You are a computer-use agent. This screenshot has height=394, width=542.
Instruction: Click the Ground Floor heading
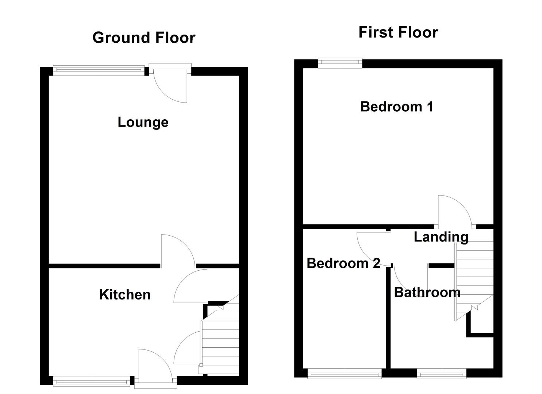pyautogui.click(x=144, y=38)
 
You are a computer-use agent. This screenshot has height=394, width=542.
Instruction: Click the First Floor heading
pyautogui.click(x=398, y=32)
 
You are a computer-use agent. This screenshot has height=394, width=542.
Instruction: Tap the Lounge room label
pyautogui.click(x=143, y=122)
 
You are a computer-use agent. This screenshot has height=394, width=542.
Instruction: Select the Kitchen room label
pyautogui.click(x=125, y=294)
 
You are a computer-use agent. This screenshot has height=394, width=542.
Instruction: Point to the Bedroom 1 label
pyautogui.click(x=397, y=107)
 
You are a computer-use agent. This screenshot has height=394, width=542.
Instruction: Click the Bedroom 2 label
pyautogui.click(x=343, y=263)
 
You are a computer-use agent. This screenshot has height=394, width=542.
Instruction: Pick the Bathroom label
pyautogui.click(x=427, y=292)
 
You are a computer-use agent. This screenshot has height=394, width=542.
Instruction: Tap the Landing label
pyautogui.click(x=441, y=237)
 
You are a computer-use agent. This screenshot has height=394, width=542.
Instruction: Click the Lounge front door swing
pyautogui.click(x=171, y=86)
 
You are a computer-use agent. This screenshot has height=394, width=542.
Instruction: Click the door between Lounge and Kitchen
pyautogui.click(x=177, y=250)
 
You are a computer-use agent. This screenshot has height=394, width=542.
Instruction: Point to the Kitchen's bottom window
pyautogui.click(x=92, y=382)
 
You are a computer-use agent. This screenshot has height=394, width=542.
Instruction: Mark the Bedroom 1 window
pyautogui.click(x=340, y=63)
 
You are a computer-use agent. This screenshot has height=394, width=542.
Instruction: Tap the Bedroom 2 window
pyautogui.click(x=344, y=373)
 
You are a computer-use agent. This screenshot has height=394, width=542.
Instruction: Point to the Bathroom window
pyautogui.click(x=442, y=373)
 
